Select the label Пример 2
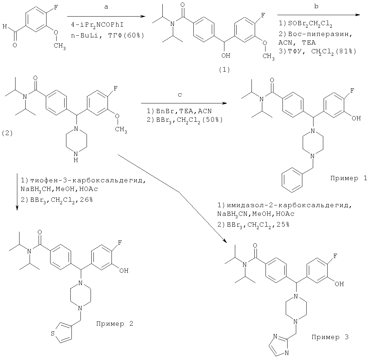pyautogui.click(x=114, y=323)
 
